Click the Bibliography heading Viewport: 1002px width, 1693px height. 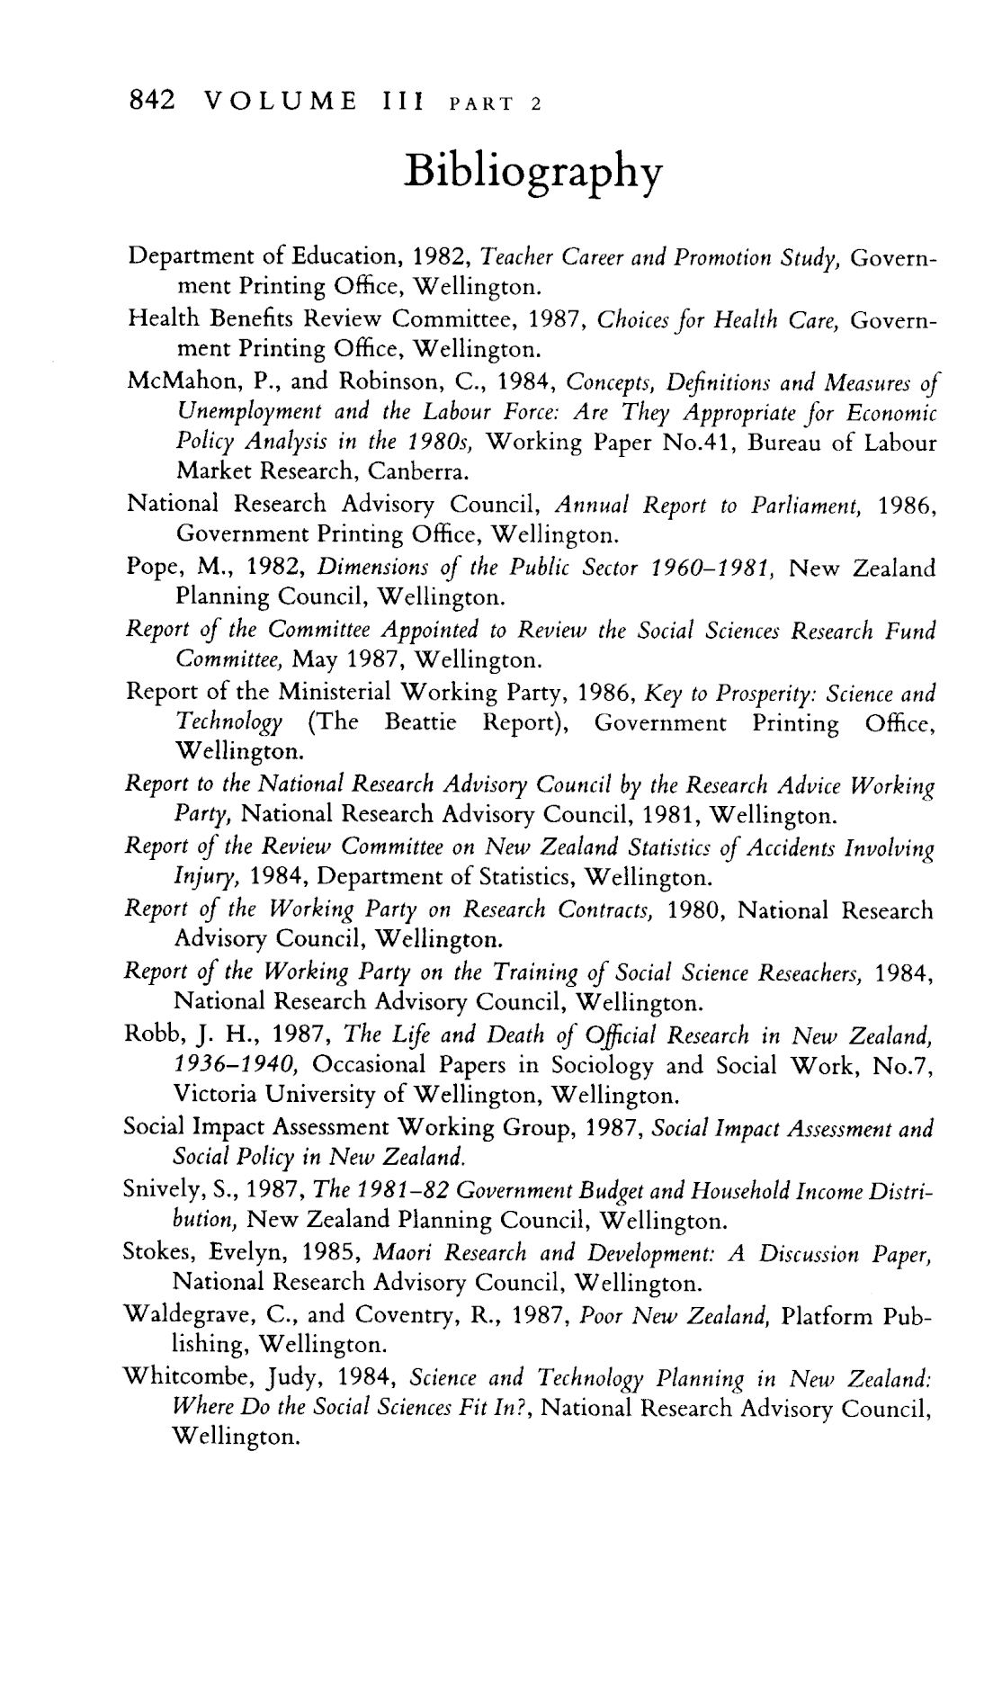(x=533, y=170)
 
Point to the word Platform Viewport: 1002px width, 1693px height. (x=825, y=1317)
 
